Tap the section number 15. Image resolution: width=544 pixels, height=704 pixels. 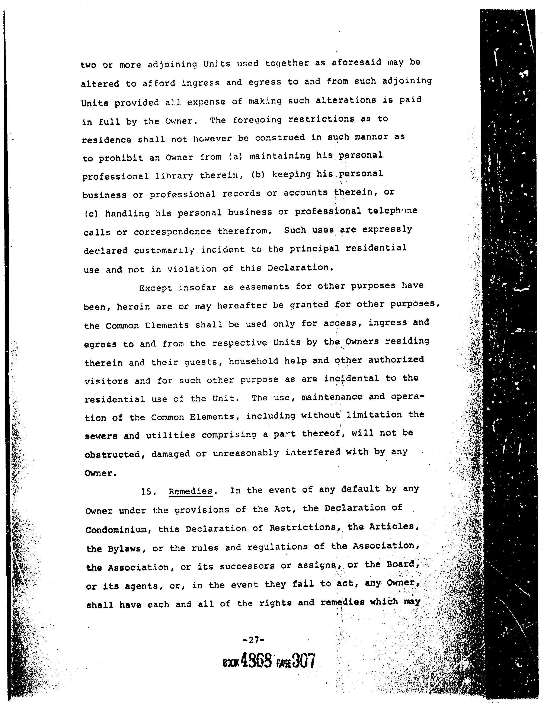[148, 492]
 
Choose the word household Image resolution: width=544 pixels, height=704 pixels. [253, 361]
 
